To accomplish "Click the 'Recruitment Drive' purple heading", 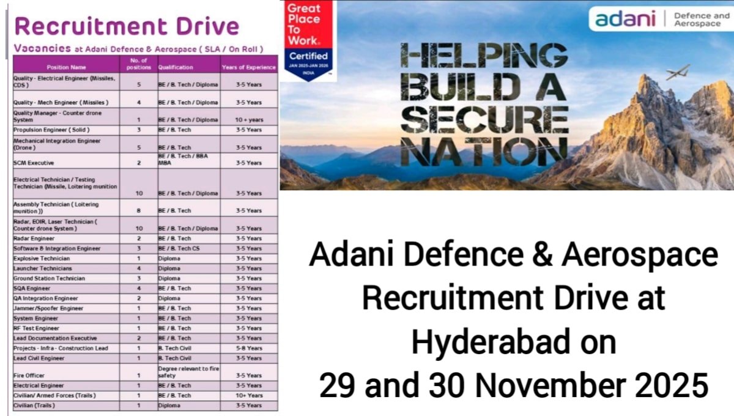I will coord(127,26).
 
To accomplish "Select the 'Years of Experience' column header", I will coord(249,67).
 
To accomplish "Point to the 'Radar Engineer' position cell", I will coord(34,239).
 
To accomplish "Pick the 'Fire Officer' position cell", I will coord(29,376).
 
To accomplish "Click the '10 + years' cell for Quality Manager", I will coord(249,120).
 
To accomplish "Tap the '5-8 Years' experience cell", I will coord(249,348).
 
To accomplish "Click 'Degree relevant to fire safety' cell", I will coord(188,373).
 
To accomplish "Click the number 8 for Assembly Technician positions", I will coord(139,210).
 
